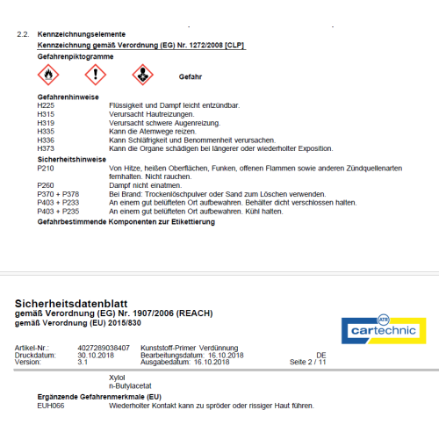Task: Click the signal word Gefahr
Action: pyautogui.click(x=191, y=77)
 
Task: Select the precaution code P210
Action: pyautogui.click(x=46, y=167)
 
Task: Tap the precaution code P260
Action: pyautogui.click(x=46, y=185)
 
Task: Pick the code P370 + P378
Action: pyautogui.click(x=58, y=194)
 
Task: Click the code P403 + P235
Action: pyautogui.click(x=58, y=212)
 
